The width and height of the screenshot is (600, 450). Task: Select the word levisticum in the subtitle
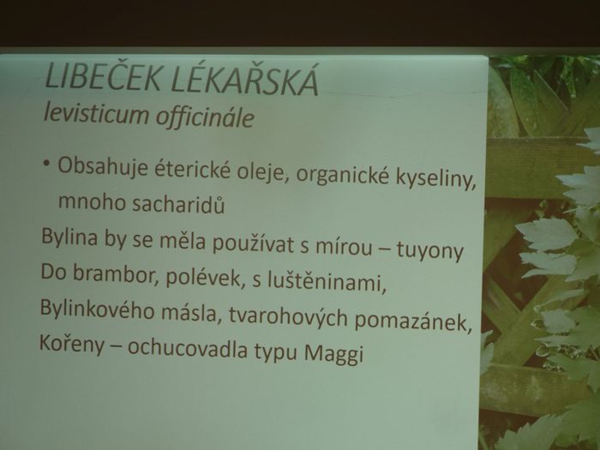(x=96, y=113)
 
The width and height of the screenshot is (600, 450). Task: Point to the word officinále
(x=205, y=117)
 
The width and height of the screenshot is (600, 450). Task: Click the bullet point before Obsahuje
(x=46, y=163)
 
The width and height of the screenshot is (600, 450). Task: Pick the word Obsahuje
(x=103, y=167)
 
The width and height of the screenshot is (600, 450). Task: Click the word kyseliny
(x=435, y=178)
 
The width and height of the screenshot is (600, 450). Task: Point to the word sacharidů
(x=178, y=204)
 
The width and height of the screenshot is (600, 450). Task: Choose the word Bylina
(x=69, y=236)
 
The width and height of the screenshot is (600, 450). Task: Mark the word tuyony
(x=429, y=250)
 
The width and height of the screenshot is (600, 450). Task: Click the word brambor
(x=116, y=273)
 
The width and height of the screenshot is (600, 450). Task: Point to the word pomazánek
(x=413, y=321)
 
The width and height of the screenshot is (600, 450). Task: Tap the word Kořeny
(x=71, y=344)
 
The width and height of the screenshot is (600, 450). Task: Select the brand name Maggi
(x=333, y=353)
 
